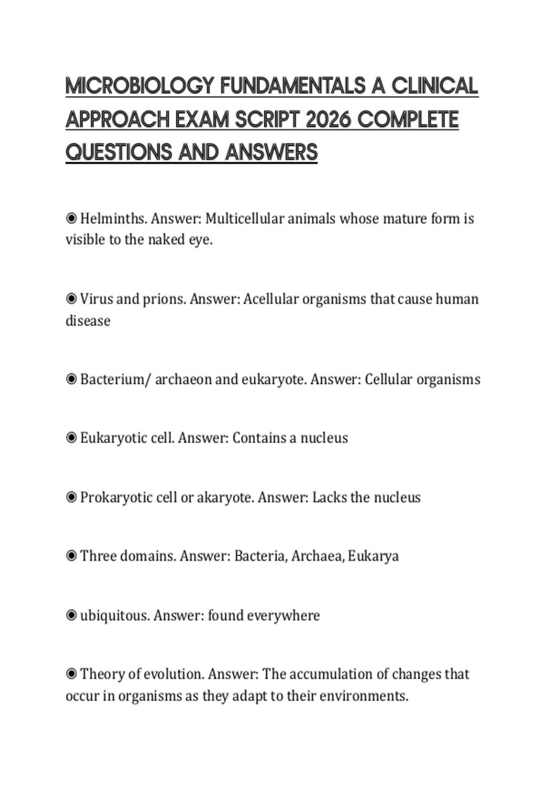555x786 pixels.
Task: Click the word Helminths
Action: pos(113,218)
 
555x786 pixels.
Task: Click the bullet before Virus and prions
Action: pos(71,299)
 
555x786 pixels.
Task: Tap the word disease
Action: pos(88,321)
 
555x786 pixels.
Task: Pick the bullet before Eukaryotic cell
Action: pos(71,438)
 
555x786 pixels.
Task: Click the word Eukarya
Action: pos(373,556)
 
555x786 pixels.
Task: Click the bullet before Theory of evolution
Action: pos(71,674)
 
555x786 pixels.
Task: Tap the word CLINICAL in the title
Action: pos(435,86)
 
